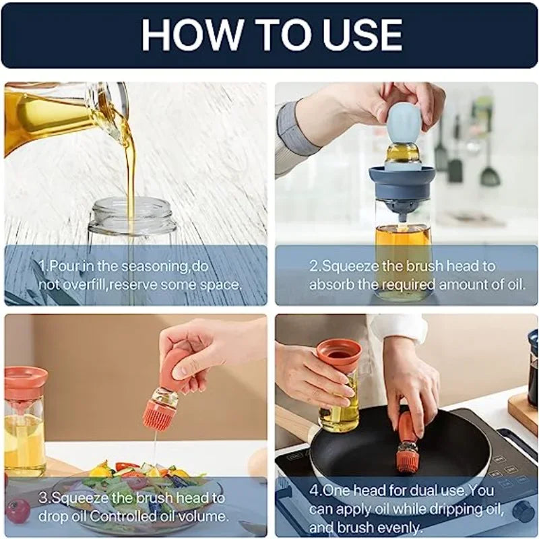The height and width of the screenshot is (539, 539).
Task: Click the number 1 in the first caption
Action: (42, 266)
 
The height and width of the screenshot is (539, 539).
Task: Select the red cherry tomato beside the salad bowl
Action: (18, 511)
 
